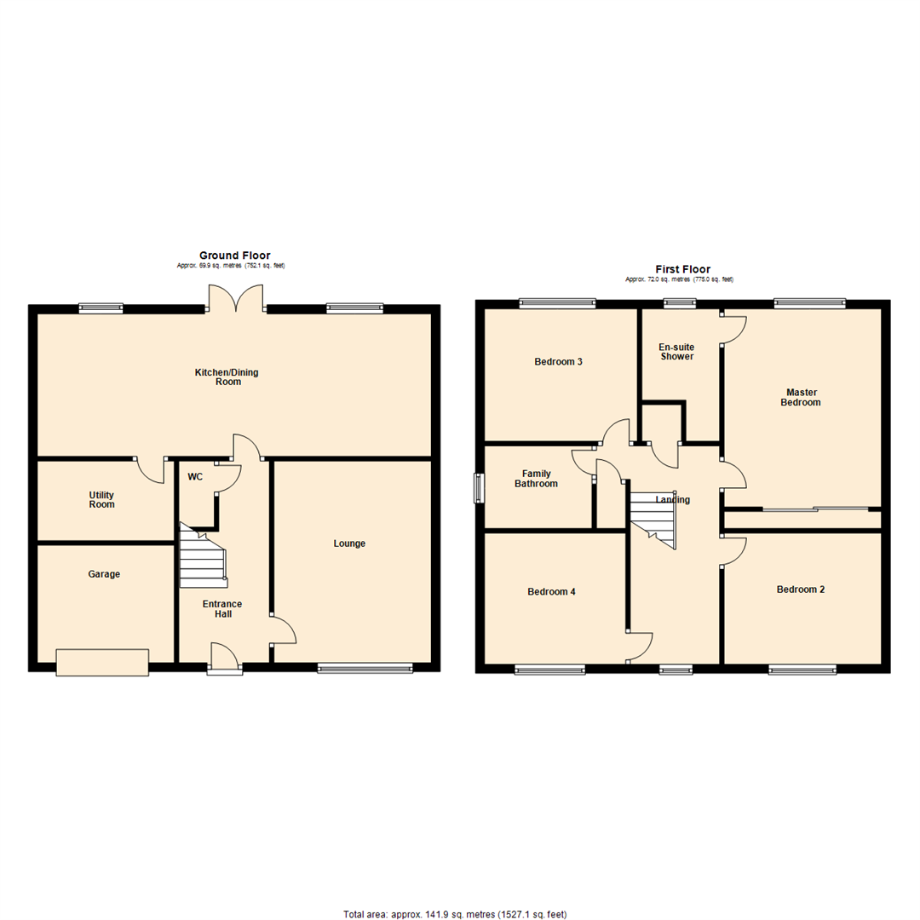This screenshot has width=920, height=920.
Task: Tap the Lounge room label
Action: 349,543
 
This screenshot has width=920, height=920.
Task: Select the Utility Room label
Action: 101,500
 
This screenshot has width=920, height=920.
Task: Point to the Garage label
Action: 104,574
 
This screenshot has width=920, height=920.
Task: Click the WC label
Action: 195,477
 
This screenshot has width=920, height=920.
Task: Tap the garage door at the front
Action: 102,662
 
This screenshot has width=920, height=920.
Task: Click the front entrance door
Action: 225,660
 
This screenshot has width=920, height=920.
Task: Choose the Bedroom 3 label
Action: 558,362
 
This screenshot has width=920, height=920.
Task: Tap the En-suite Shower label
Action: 676,352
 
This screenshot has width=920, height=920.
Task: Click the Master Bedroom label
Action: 801,397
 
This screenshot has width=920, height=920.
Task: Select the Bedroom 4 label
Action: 552,591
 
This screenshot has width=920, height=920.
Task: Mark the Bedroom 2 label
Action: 800,589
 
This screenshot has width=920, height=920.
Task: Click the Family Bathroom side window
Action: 479,489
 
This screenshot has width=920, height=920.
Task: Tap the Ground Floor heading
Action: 234,255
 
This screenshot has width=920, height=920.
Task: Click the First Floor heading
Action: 682,269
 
